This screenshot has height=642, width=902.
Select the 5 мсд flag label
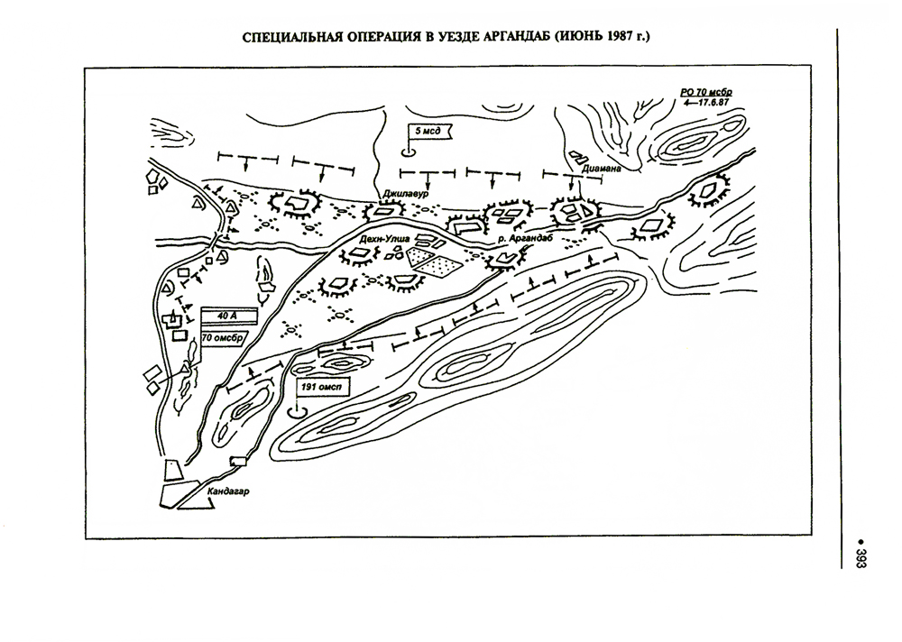428,131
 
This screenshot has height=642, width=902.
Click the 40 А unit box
228,316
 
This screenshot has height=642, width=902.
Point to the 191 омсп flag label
322,387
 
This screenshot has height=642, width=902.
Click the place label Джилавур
406,195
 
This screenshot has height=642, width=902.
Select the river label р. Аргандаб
527,238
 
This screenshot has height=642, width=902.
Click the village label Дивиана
602,170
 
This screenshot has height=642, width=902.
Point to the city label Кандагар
228,491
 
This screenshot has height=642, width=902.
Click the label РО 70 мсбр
706,92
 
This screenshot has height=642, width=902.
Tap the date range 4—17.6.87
706,102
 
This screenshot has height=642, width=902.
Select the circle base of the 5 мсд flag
408,151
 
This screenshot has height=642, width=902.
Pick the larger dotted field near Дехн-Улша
439,266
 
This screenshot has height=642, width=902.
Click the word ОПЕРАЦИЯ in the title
382,37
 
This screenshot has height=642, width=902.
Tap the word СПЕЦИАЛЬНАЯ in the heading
291,37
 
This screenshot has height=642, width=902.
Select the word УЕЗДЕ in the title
448,37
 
